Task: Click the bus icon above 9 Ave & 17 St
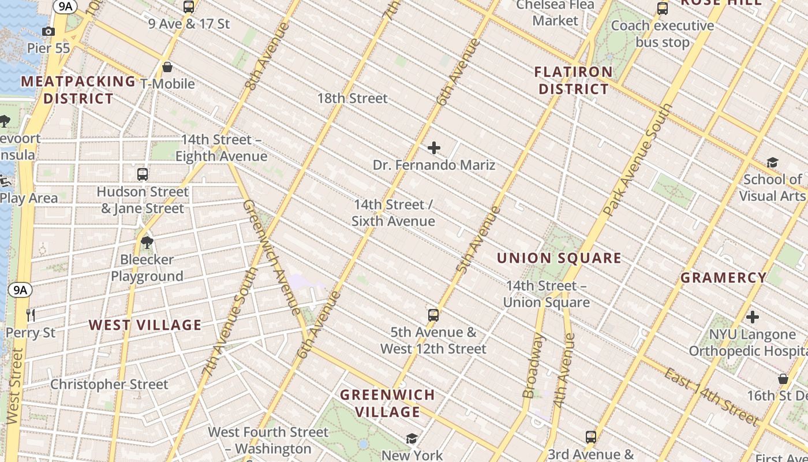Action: [x=189, y=7]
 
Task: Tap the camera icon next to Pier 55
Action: [x=48, y=31]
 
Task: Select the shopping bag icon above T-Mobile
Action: [x=167, y=67]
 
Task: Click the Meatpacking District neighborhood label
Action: [x=78, y=90]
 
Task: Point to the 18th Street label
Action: [x=352, y=98]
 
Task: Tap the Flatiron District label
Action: [x=573, y=80]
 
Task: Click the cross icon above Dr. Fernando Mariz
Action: [x=434, y=148]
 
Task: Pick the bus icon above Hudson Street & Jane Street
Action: [x=143, y=174]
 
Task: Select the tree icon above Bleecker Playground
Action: [x=147, y=243]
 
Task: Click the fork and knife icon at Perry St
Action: [x=31, y=315]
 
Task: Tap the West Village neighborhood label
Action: [x=145, y=325]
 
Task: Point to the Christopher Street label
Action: [x=109, y=384]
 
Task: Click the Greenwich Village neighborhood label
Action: [x=387, y=403]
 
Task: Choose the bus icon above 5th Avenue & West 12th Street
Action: [x=433, y=315]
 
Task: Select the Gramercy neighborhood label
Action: [x=724, y=278]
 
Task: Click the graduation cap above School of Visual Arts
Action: [x=772, y=163]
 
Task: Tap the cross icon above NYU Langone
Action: [x=753, y=317]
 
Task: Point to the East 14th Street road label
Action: [x=710, y=396]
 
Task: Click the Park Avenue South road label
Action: [x=638, y=160]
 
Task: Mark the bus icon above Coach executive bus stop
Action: [x=663, y=9]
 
